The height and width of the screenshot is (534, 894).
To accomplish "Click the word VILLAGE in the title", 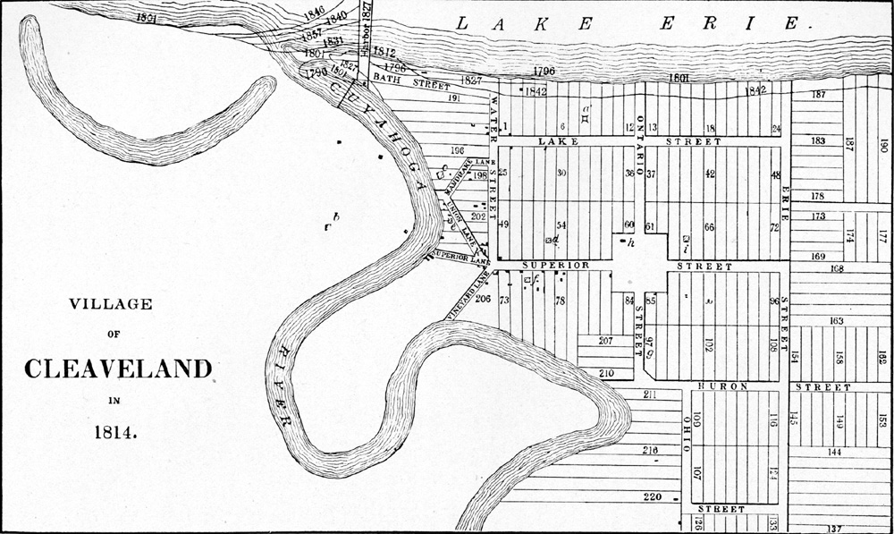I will pyautogui.click(x=111, y=305).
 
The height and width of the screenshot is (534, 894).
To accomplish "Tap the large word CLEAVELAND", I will pyautogui.click(x=118, y=369).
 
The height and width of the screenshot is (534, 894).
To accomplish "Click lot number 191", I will pyautogui.click(x=453, y=98).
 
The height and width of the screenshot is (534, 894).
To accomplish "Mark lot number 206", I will pyautogui.click(x=484, y=299).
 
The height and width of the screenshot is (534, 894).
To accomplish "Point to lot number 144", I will pyautogui.click(x=833, y=453).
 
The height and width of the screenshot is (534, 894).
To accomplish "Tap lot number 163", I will pyautogui.click(x=837, y=320).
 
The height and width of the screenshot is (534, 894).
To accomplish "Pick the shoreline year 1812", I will pyautogui.click(x=385, y=53).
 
